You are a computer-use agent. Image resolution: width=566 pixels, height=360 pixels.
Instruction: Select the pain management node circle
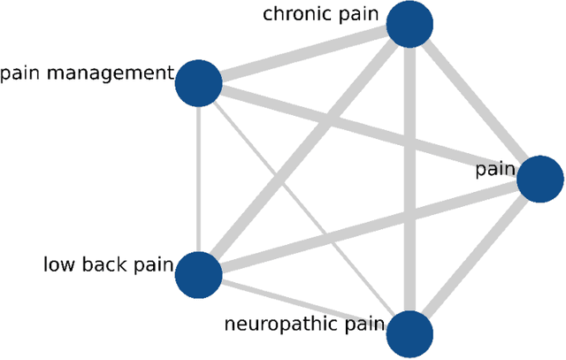point(198,84)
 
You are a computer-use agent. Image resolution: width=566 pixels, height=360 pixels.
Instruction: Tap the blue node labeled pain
point(539,180)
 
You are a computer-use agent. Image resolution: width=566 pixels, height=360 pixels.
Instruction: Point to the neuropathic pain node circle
point(410,333)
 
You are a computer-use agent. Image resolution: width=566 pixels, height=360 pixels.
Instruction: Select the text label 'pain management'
point(85,73)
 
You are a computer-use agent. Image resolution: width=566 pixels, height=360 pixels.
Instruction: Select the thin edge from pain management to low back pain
point(198,177)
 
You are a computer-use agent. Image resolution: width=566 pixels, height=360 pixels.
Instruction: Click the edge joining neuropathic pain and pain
point(475,257)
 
